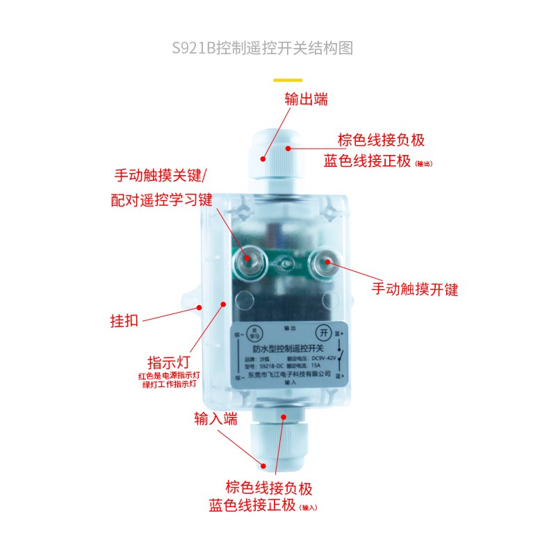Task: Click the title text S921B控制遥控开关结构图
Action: pos(263,48)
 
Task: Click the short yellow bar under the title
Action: pos(288,80)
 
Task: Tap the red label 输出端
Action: pos(306,99)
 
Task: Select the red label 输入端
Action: pos(216,418)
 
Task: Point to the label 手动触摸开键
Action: pos(415,288)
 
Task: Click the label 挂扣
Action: pos(124,321)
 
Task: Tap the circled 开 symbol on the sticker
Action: pos(322,332)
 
